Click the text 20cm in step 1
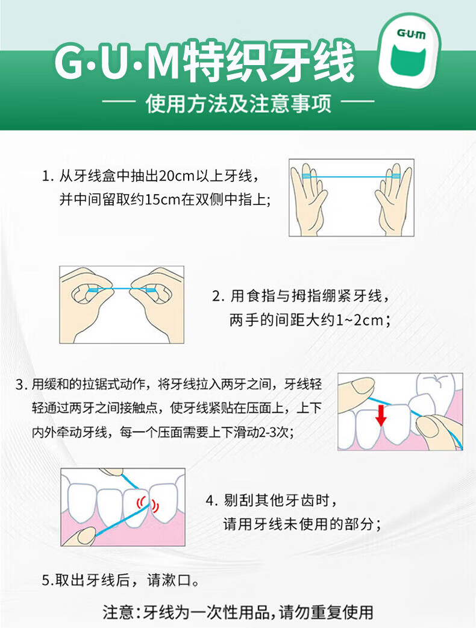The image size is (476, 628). (x=176, y=177)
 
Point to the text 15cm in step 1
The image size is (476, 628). (x=159, y=199)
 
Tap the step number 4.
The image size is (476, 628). (x=210, y=500)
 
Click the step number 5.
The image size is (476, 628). (x=46, y=581)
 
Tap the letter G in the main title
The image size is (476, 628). (x=71, y=62)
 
